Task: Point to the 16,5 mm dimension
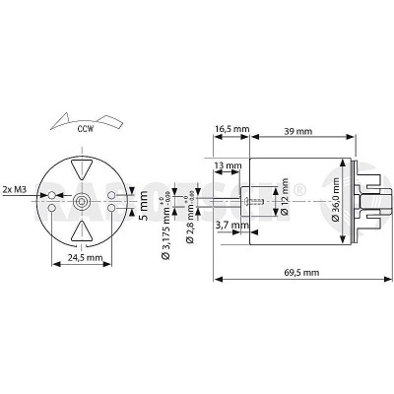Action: pyautogui.click(x=230, y=127)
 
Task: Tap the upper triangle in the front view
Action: pyautogui.click(x=82, y=168)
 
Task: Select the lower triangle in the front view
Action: pyautogui.click(x=82, y=231)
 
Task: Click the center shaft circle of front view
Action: pyautogui.click(x=82, y=200)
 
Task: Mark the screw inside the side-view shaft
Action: pyautogui.click(x=257, y=201)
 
